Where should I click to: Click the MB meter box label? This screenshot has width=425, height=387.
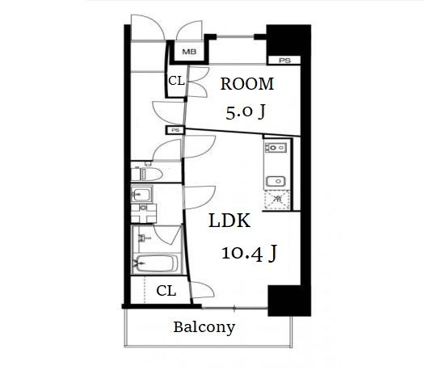tap(189, 52)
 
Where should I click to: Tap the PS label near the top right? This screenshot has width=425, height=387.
tap(284, 61)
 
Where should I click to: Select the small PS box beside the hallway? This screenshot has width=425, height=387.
tap(175, 130)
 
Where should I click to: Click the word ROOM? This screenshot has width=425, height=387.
tap(247, 84)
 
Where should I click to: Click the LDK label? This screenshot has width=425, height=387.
tap(229, 221)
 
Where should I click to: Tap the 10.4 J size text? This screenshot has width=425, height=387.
tap(249, 253)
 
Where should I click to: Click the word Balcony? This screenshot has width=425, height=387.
tap(204, 327)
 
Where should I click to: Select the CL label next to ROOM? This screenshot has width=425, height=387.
tap(176, 81)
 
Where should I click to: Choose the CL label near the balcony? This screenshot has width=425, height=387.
tap(166, 291)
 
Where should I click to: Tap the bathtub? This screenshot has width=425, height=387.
tap(156, 263)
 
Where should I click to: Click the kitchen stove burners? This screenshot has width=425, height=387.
tap(276, 148)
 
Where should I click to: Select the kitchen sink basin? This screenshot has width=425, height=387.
tap(276, 181)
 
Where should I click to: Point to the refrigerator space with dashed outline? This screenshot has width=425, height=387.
tap(277, 200)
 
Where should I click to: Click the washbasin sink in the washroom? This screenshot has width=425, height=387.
tap(141, 194)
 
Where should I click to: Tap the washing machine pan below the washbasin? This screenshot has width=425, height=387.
tap(144, 213)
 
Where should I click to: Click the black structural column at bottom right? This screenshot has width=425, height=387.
tap(289, 301)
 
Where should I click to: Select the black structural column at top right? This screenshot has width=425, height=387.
tap(288, 40)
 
